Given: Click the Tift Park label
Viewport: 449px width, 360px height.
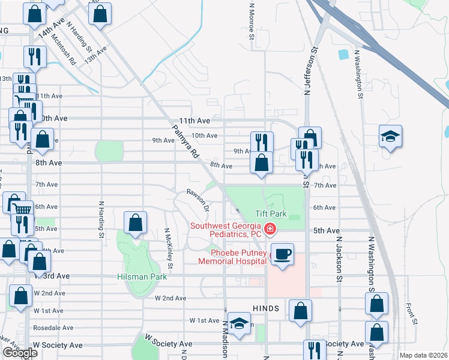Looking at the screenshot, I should click(x=271, y=214).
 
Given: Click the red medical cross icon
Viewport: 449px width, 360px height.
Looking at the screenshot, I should click(x=270, y=229).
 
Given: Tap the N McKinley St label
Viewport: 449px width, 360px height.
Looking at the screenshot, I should click(x=169, y=248).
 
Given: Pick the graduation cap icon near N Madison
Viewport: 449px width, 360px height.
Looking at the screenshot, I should click(x=239, y=323).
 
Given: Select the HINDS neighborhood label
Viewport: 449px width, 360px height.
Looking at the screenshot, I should click(x=266, y=308).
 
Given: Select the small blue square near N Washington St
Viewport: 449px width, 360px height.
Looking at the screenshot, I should click(x=343, y=55).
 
